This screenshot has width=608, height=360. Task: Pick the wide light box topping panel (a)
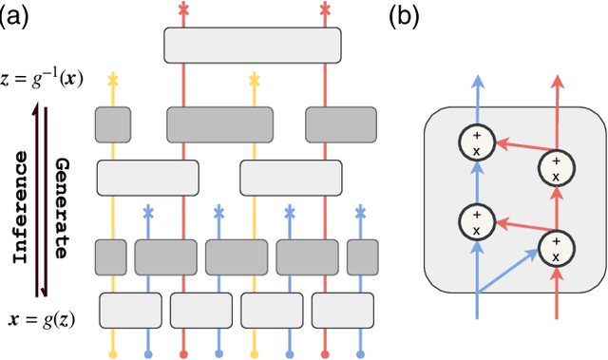click(x=252, y=46)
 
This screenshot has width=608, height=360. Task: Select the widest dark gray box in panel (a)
click(x=219, y=123)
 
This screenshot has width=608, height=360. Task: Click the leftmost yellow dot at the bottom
click(x=113, y=353)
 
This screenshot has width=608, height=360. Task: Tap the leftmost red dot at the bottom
click(x=183, y=353)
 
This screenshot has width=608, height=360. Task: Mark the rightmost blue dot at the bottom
click(x=361, y=353)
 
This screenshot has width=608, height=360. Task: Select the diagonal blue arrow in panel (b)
click(x=508, y=276)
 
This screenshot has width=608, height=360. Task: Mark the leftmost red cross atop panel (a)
click(x=183, y=9)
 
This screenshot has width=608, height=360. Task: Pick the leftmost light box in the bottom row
click(x=130, y=309)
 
